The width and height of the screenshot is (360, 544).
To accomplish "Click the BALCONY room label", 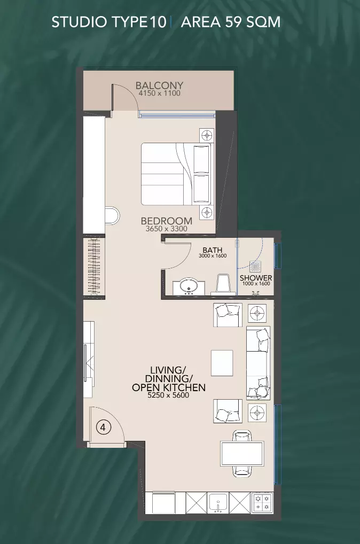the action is [x=159, y=86].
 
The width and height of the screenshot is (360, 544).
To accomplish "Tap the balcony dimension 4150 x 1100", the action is [x=159, y=94].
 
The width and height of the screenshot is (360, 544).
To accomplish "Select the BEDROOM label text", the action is [x=167, y=221].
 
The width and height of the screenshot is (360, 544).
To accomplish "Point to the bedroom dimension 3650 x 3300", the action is [x=167, y=229].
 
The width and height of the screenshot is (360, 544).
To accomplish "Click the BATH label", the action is [x=213, y=250].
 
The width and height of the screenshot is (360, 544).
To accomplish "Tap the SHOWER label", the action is [x=256, y=278].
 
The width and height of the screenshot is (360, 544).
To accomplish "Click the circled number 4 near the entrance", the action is [x=103, y=427].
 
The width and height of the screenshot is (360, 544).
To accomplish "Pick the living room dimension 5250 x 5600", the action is [x=169, y=395].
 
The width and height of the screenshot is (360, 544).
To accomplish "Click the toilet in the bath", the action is [x=224, y=284].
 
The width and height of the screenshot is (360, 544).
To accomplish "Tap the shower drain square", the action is [x=255, y=267].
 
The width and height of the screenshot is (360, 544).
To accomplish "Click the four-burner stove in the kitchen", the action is [x=263, y=503].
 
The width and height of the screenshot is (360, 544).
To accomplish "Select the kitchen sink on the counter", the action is [x=218, y=503].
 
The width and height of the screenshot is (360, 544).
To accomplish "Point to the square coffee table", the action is [x=222, y=362].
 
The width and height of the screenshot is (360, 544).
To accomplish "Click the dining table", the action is [x=242, y=453].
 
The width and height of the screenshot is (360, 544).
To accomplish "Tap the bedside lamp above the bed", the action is [x=207, y=135].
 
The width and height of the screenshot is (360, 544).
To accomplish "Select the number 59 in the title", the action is [x=233, y=22].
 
